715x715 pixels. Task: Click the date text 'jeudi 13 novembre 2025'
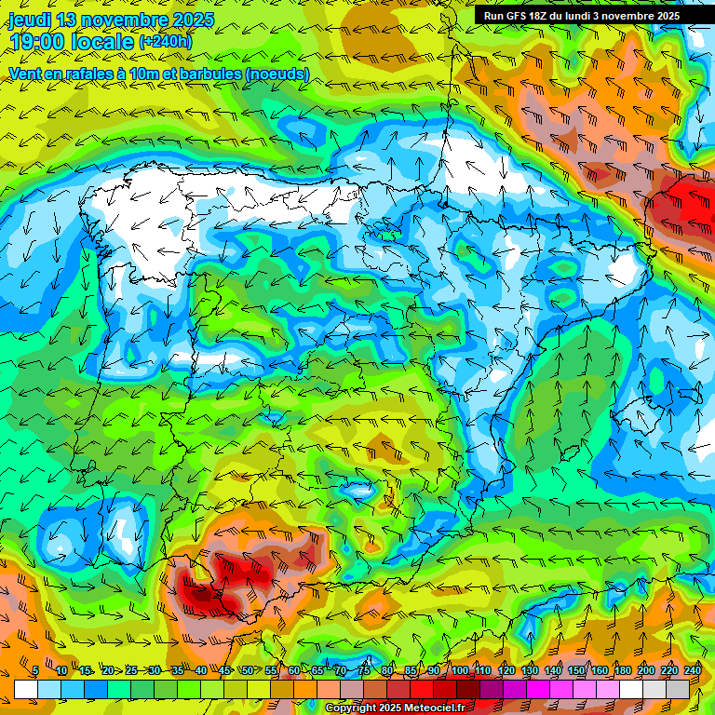pos(111,20)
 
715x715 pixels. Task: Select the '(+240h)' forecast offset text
pos(166,42)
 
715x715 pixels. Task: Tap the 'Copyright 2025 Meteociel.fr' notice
pos(394,708)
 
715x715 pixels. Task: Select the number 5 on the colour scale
pos(35,671)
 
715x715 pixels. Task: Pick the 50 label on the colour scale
pos(247,671)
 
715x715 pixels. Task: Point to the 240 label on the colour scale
pos(693,671)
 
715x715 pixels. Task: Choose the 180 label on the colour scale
pos(622,671)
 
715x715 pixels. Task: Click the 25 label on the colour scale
pos(129,671)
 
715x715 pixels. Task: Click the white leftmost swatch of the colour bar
pos(25,689)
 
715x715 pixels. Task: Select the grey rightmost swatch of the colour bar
pos(679,689)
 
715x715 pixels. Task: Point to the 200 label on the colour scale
pos(646,671)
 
